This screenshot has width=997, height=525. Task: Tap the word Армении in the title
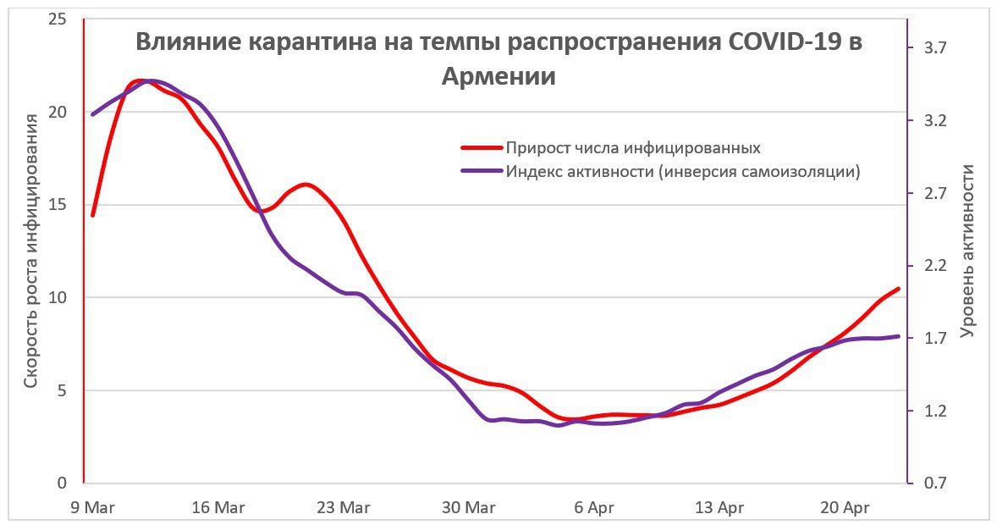point(499,75)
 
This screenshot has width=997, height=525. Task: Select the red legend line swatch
point(481,148)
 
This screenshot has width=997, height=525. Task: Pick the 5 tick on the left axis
point(62,390)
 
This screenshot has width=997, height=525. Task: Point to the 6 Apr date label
point(594,508)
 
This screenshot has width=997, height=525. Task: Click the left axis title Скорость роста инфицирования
point(31,251)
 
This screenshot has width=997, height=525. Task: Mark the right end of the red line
point(898,289)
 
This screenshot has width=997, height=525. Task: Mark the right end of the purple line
point(898,336)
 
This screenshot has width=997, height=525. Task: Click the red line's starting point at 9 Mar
point(93,215)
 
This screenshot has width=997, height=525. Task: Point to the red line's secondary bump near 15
point(306,185)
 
